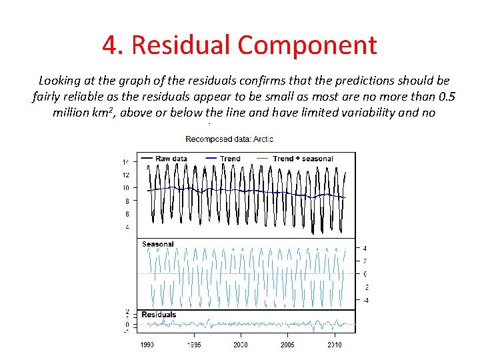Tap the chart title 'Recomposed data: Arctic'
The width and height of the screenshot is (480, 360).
229,139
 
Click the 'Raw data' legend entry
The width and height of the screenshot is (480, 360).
171,159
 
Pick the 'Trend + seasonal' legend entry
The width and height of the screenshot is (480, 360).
303,159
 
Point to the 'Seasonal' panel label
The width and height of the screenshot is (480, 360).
157,244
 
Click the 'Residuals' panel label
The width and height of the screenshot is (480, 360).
159,314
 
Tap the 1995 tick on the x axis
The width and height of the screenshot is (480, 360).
194,345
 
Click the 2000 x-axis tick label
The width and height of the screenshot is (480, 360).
241,345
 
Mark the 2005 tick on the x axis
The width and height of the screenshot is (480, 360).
287,345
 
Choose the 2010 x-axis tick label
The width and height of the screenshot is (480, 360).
334,345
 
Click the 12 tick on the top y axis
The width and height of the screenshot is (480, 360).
125,175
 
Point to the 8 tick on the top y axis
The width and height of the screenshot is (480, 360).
127,201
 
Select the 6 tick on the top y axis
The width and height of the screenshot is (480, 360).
127,214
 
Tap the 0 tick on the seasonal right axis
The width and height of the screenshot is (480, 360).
365,274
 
